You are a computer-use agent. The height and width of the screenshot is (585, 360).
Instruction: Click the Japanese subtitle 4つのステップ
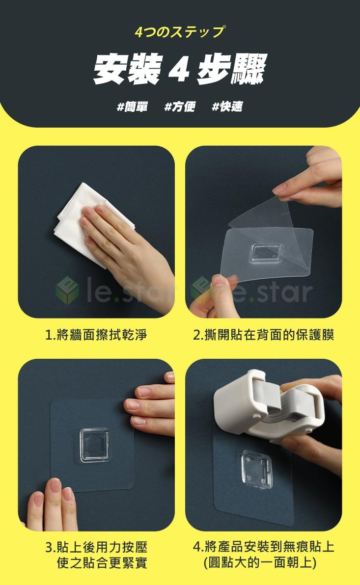tap(180, 32)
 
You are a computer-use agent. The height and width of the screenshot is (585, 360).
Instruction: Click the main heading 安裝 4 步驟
tap(180, 69)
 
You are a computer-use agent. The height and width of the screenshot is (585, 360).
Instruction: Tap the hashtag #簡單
tap(132, 106)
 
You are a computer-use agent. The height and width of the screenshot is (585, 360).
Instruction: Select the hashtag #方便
tap(180, 106)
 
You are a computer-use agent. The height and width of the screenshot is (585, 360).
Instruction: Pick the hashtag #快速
tap(227, 106)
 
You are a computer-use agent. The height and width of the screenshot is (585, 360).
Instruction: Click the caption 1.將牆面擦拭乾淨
tap(96, 335)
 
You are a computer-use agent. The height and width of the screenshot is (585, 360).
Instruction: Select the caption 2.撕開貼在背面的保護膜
tap(263, 335)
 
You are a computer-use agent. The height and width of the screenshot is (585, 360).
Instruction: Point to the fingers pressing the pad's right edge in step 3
tap(151, 405)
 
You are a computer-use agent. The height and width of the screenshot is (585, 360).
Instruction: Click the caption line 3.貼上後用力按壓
tap(96, 547)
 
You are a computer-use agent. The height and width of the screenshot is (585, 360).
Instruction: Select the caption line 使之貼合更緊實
tap(102, 562)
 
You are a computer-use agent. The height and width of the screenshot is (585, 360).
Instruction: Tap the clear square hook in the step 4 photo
tap(256, 469)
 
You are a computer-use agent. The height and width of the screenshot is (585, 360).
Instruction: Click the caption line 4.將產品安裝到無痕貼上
tap(263, 547)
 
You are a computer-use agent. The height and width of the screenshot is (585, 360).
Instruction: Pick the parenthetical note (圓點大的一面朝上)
tap(260, 562)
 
